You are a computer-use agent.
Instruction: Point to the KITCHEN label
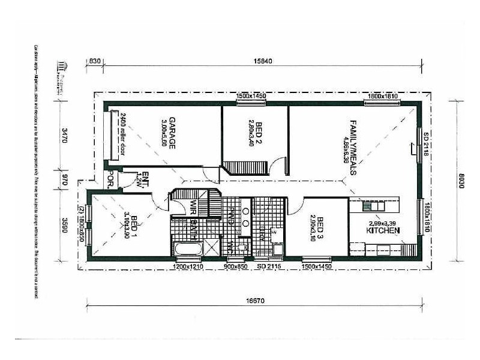(383, 230)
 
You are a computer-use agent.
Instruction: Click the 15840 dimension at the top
(263, 61)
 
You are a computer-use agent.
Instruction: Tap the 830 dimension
(95, 61)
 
